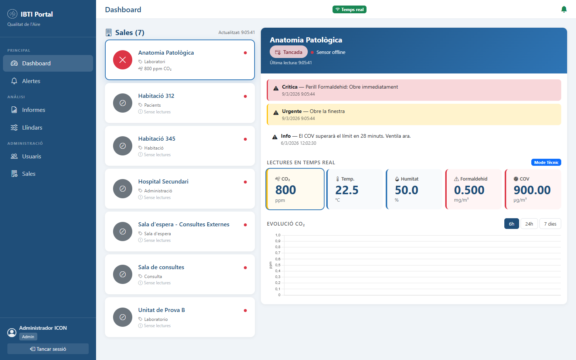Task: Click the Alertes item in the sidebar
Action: pos(31,81)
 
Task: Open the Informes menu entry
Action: pos(33,110)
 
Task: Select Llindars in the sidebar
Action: pos(32,128)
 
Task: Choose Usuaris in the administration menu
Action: pos(31,157)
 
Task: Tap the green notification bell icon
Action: pos(564,9)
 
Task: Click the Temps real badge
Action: pos(349,10)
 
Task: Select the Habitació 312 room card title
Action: pos(156,96)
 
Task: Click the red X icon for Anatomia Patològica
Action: pos(123,60)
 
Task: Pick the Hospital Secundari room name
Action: pos(163,182)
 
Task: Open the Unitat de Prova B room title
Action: pos(161,310)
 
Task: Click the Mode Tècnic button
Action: pos(546,162)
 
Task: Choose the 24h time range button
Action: pos(529,224)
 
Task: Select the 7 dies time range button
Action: pos(550,224)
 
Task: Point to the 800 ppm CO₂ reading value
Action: pos(286,190)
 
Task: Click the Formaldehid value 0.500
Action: pos(469,190)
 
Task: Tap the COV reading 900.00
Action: pos(532,190)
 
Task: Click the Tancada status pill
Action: pos(289,52)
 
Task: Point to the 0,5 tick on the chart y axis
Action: pos(278,265)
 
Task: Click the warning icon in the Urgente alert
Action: pos(276,113)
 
